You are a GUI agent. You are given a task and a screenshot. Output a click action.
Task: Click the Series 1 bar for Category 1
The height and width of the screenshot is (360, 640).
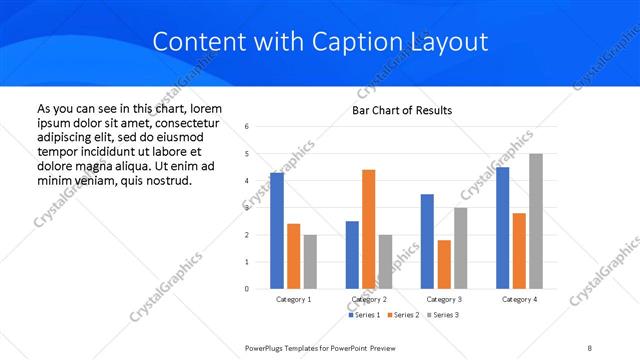277,231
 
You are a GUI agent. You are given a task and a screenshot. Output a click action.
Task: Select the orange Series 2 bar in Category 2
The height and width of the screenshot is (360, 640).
368,229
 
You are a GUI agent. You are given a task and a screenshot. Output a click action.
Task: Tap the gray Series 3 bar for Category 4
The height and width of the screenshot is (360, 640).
535,221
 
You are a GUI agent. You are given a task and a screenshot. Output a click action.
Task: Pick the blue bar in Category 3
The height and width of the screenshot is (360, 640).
427,241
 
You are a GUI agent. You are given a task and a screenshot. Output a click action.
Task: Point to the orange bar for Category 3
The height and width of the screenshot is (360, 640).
444,264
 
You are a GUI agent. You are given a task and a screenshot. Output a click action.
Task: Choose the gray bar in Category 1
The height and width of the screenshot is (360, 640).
310,262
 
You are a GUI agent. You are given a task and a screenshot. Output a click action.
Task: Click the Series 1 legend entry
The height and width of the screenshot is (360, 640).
365,315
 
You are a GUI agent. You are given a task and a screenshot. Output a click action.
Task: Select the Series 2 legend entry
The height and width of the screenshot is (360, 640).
402,315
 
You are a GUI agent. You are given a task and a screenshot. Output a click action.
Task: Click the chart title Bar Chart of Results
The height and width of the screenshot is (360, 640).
402,110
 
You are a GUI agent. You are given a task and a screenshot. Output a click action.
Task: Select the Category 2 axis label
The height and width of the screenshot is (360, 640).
368,299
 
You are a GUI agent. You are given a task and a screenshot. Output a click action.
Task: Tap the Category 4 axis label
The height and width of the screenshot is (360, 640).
519,299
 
